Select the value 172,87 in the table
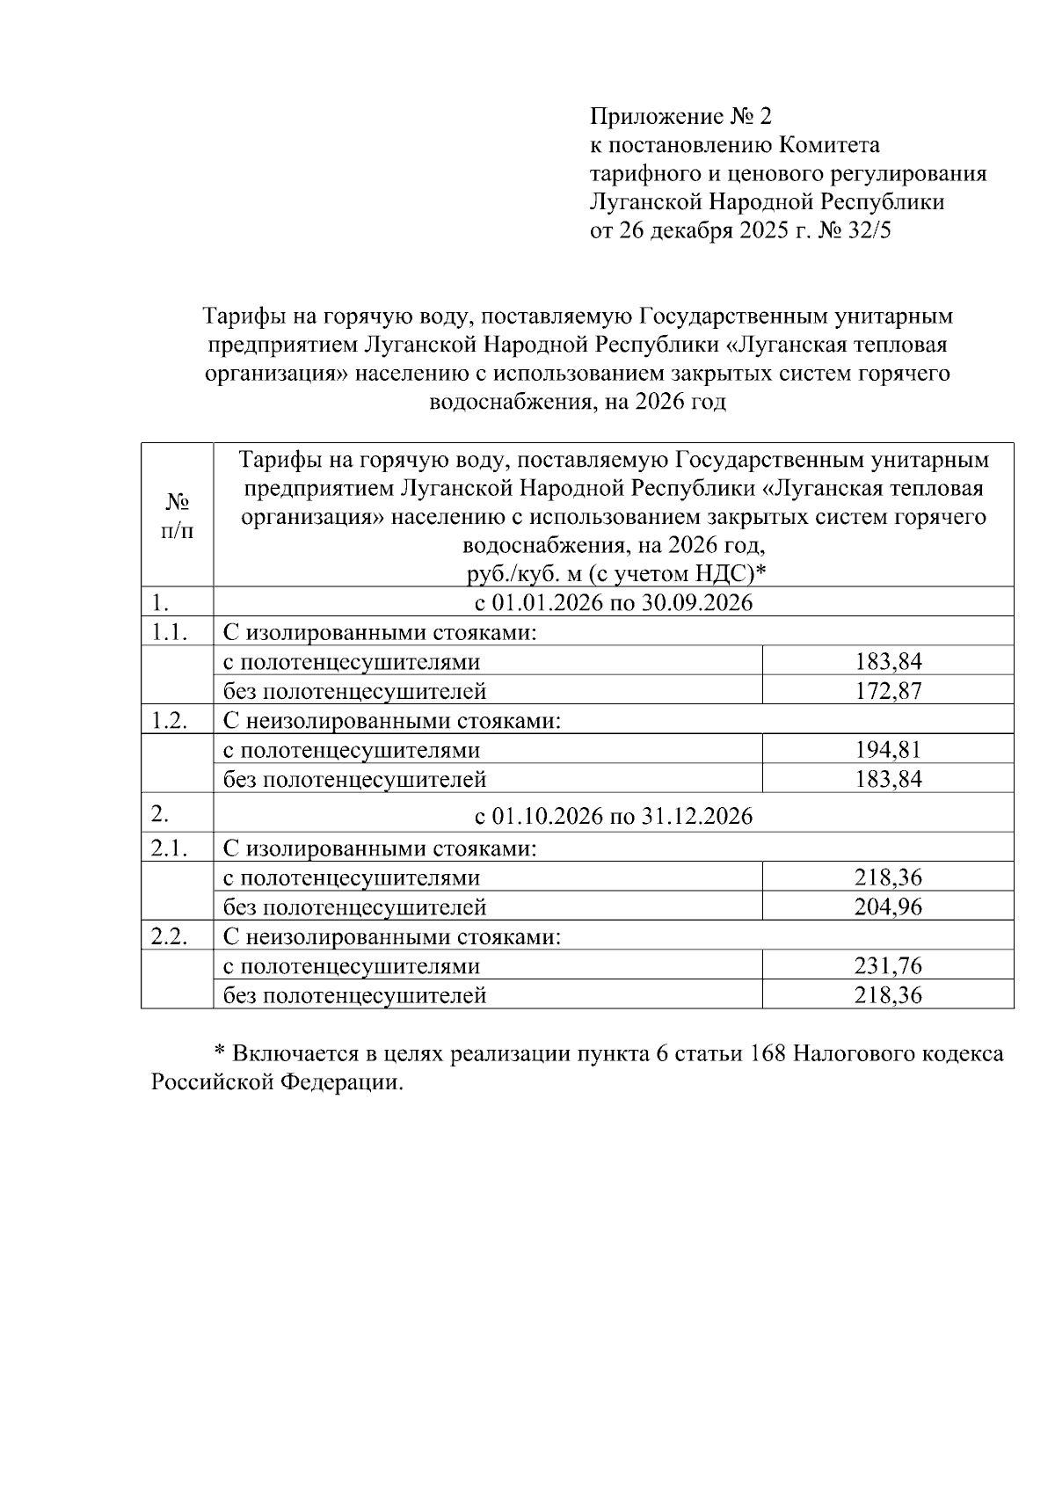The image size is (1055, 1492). (888, 691)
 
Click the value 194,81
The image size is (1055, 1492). (888, 750)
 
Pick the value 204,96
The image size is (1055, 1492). (888, 906)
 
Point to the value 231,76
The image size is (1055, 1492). (888, 965)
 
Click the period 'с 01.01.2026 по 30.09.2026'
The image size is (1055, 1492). (614, 603)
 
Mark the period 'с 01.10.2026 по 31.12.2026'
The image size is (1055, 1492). (614, 816)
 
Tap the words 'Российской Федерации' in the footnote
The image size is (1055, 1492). (276, 1082)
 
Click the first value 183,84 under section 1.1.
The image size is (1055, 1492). (888, 661)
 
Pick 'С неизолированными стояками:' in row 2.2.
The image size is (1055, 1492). (392, 936)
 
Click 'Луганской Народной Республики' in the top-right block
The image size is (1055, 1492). (767, 202)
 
